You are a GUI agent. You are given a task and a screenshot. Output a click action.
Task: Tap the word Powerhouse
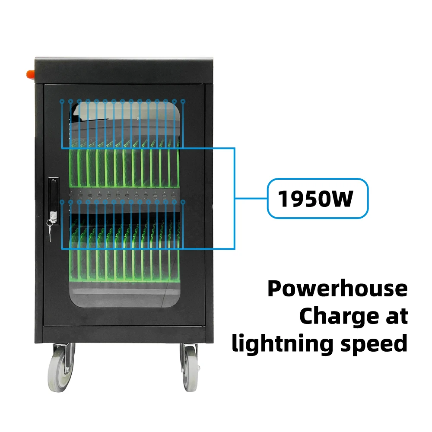pos(337,289)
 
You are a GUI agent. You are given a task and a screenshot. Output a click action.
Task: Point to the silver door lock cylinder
pos(53,214)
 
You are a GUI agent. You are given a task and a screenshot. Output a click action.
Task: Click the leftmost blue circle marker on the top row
pos(62,102)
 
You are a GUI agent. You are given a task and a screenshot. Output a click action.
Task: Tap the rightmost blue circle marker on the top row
pos(183,102)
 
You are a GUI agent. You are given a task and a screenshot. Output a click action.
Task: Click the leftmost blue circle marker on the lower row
pos(62,202)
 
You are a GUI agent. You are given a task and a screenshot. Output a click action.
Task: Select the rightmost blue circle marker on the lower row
pos(183,202)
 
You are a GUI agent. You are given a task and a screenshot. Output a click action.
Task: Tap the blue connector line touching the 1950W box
pos(251,199)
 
